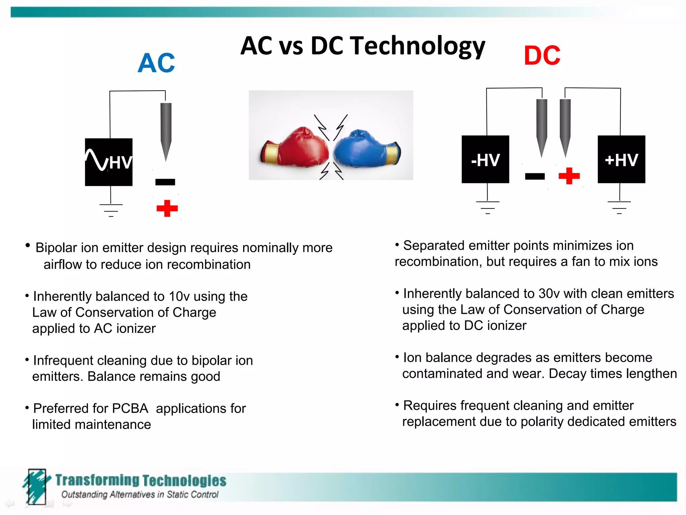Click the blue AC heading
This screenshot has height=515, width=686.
click(x=156, y=63)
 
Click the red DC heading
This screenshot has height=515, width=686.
click(x=542, y=56)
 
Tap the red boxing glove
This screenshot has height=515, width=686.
click(x=296, y=148)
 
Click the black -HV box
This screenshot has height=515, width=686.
click(x=485, y=160)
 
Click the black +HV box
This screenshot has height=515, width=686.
click(x=621, y=160)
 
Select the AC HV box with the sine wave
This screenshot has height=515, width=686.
click(x=109, y=162)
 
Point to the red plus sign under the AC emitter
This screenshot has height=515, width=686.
click(x=167, y=208)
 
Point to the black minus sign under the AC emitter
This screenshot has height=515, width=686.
click(x=165, y=182)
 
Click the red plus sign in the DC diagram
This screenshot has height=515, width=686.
click(x=569, y=176)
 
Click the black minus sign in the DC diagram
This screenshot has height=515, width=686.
click(x=535, y=176)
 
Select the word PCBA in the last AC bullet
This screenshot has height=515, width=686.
click(x=130, y=409)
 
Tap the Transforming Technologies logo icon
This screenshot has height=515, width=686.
click(x=36, y=486)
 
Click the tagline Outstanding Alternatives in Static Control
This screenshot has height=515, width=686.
click(x=140, y=495)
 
